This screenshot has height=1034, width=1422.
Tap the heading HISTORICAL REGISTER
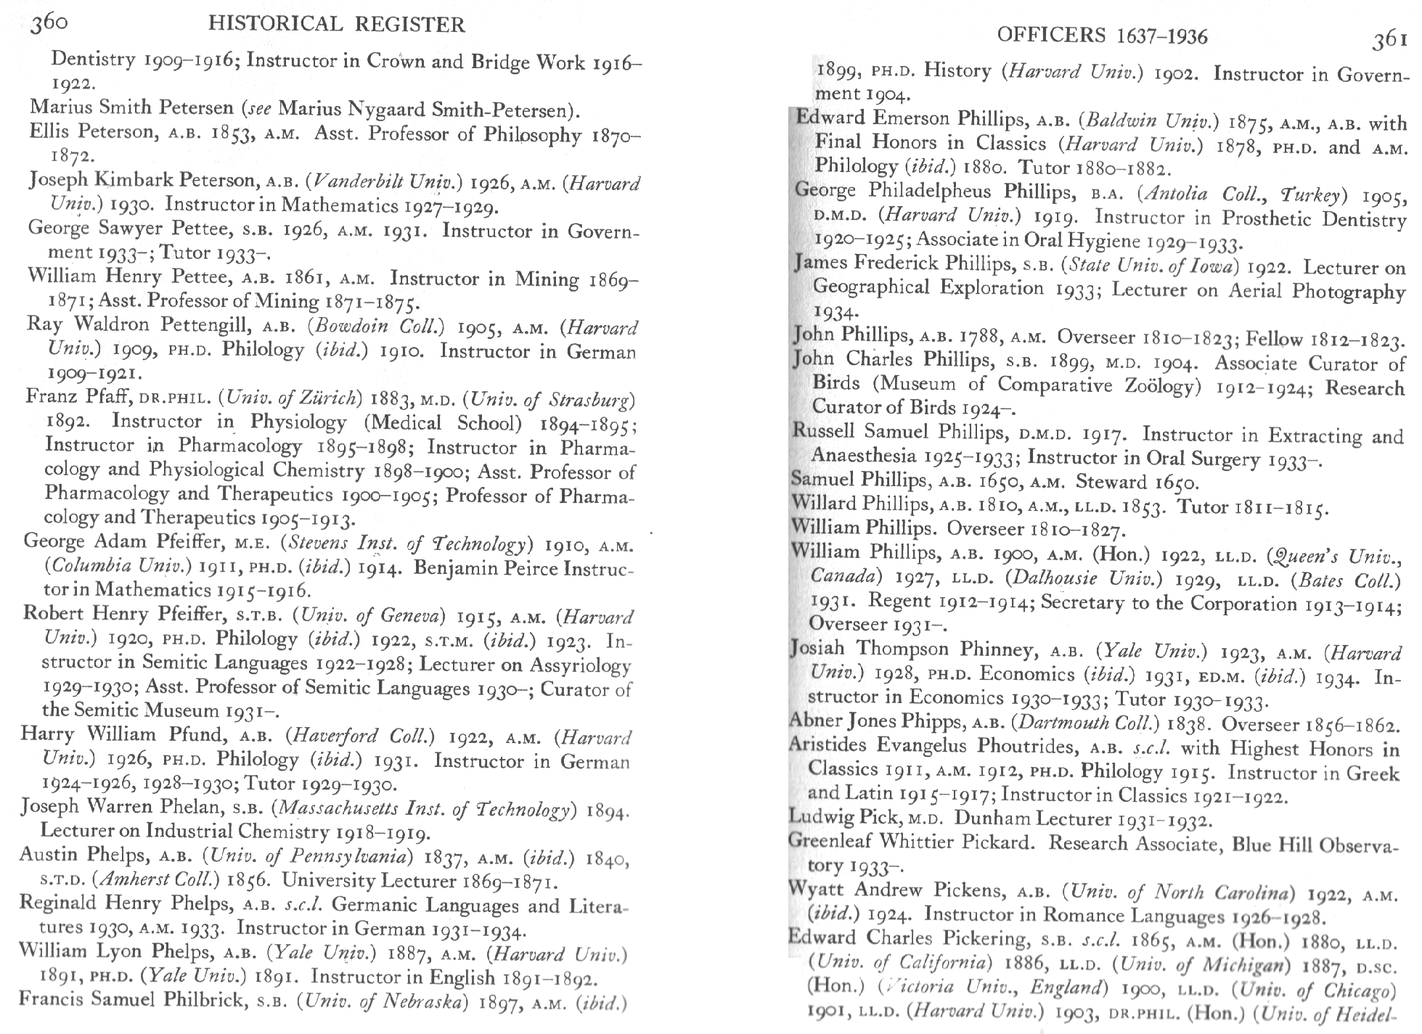[336, 25]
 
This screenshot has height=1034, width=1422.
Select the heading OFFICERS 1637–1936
[1103, 36]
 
